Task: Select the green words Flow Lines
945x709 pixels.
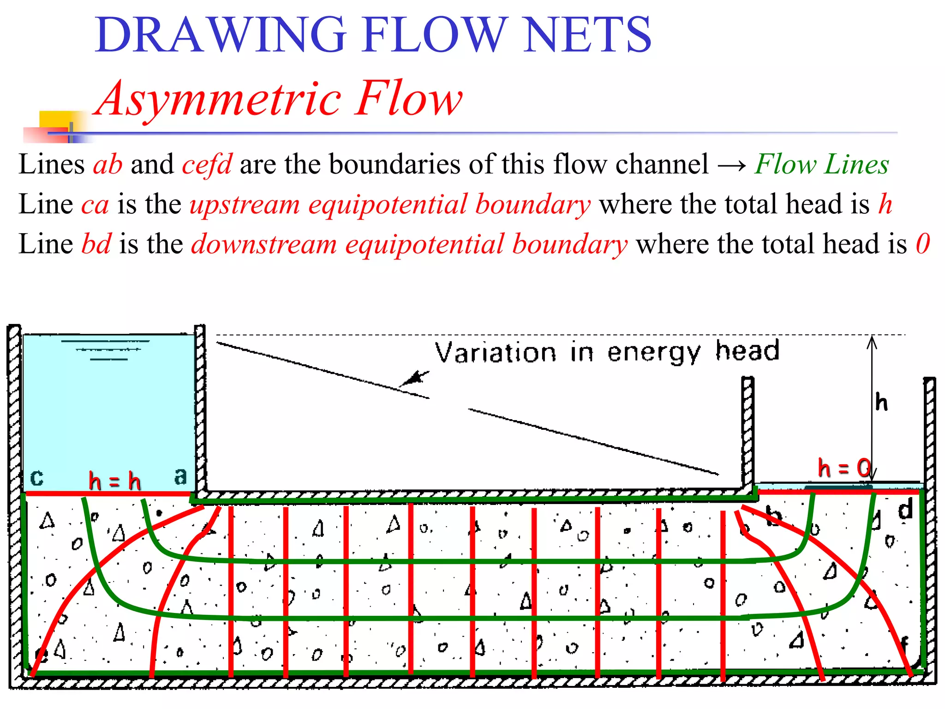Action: [821, 164]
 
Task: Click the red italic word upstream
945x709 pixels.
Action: [245, 204]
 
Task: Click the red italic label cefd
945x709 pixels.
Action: [207, 164]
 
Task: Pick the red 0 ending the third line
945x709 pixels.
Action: [922, 244]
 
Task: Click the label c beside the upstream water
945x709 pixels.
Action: [36, 477]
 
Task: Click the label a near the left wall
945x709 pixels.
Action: [180, 476]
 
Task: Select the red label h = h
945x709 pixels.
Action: [114, 481]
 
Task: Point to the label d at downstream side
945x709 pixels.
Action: [905, 510]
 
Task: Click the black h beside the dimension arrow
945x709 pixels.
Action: [881, 402]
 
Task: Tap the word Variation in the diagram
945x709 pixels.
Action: [496, 353]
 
